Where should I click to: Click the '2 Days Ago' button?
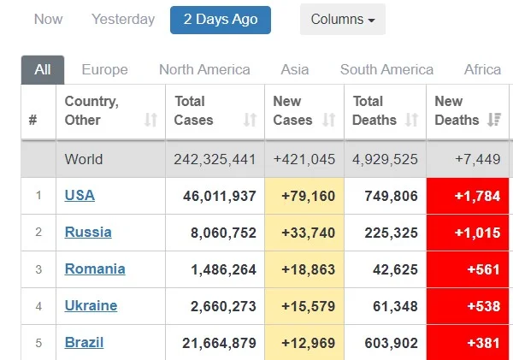pos(221,20)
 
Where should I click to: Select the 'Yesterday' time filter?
pos(123,20)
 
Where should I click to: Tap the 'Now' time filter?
pos(48,20)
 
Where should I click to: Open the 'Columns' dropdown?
pos(342,20)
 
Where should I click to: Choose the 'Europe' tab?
pos(104,70)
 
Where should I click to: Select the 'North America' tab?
pos(204,70)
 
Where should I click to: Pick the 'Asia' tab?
pos(295,70)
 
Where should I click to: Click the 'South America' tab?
pos(386,70)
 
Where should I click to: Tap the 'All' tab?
pos(43,70)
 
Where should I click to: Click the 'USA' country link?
pos(80,195)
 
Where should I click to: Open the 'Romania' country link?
pos(95,269)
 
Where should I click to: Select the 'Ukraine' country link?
pos(91,305)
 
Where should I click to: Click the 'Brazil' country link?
pos(84,342)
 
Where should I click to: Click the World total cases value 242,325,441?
pos(215,159)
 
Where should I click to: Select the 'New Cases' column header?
pos(292,111)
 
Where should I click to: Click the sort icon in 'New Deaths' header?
pos(493,121)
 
